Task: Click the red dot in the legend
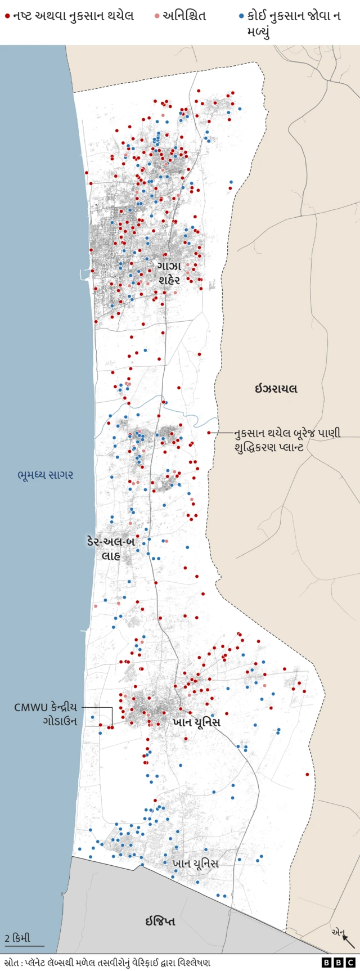coord(7,16)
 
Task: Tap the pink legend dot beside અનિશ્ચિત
coord(157,16)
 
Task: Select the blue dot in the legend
coord(241,16)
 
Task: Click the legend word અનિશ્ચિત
coord(184,16)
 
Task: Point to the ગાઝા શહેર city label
coord(169,272)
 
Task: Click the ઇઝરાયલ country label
coord(276,389)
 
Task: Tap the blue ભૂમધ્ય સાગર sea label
coord(45,475)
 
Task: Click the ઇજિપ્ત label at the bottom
coord(160,921)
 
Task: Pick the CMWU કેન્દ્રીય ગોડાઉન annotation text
coord(46,714)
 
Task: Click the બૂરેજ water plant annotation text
coord(287,440)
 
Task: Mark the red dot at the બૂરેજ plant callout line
coord(209,433)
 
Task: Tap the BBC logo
coord(339,963)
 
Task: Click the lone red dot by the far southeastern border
coord(307,775)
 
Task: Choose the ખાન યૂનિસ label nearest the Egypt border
coord(195,864)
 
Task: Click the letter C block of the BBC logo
coord(350,963)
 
